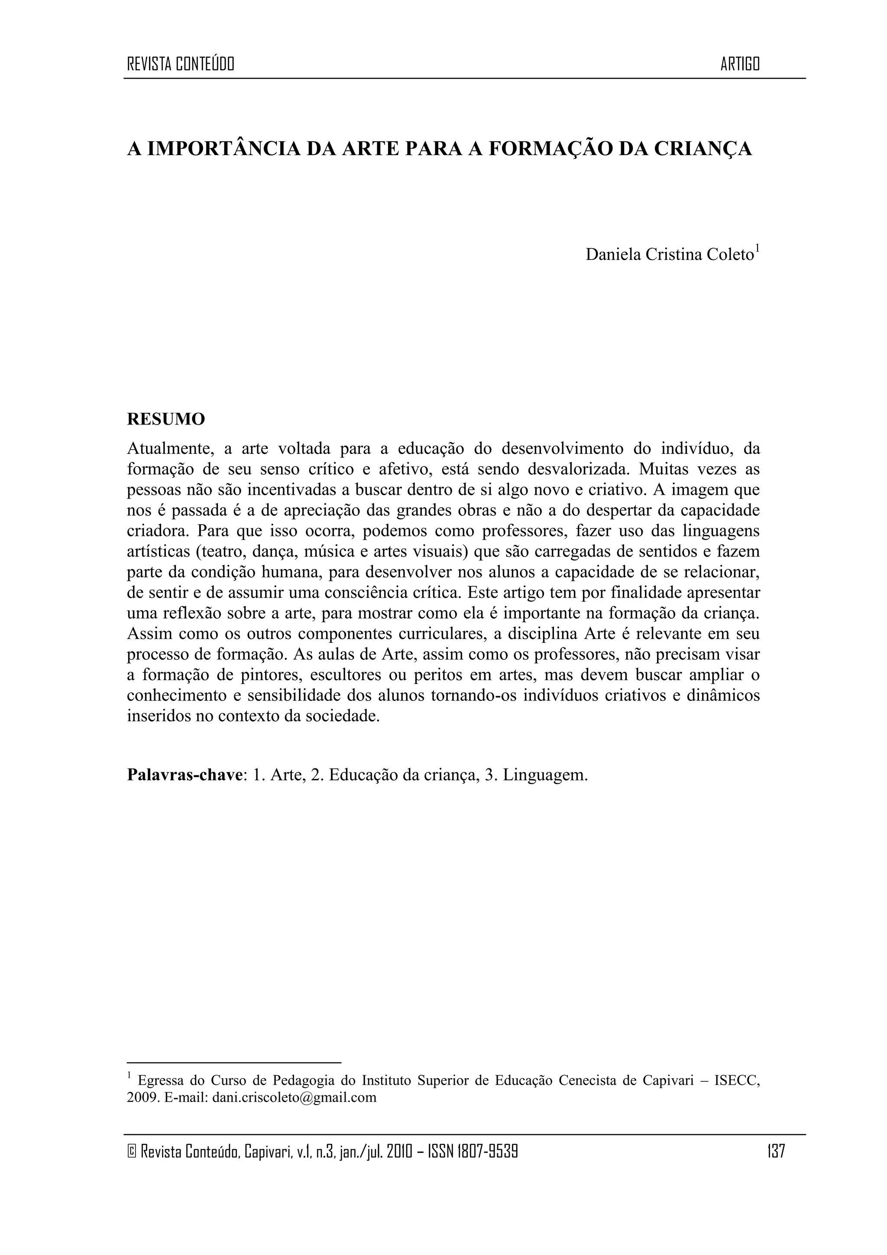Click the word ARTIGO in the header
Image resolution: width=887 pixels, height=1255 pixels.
pyautogui.click(x=740, y=65)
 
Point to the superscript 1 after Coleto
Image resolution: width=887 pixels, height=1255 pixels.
pyautogui.click(x=758, y=249)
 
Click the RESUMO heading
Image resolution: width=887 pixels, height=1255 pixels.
pyautogui.click(x=166, y=419)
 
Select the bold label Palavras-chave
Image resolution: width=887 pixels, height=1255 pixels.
pyautogui.click(x=185, y=775)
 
